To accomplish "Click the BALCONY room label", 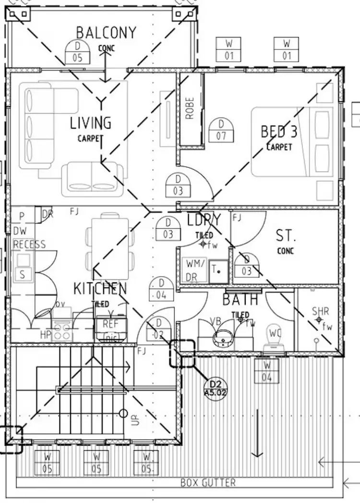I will point(106,33).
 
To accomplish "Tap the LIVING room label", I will point(91,123).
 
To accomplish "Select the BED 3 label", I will point(279,131).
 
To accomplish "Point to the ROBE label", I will point(190,108).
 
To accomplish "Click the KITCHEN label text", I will point(100,289).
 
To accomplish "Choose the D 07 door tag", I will point(221,130).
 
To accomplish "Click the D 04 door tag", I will point(161,289).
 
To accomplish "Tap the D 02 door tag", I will point(158,329).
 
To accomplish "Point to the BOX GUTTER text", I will point(208,482).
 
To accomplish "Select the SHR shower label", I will point(320,311).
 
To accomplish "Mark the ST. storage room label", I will point(286,236).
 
